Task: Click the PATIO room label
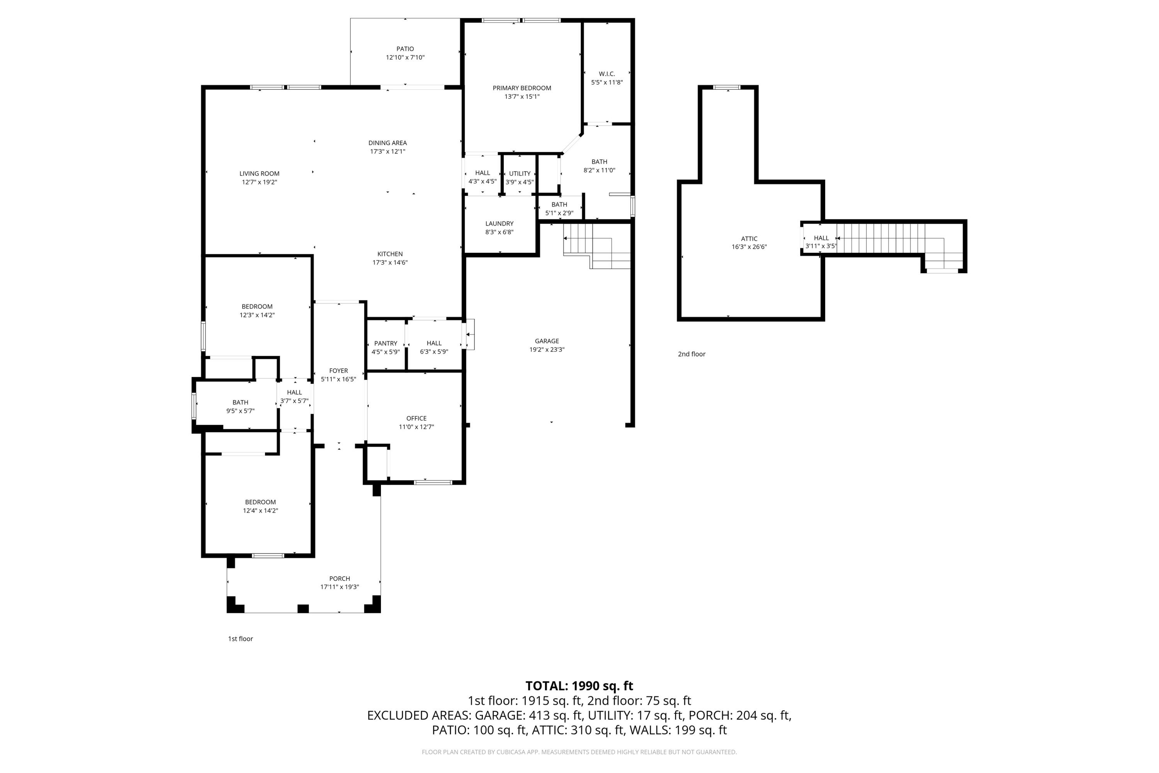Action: tap(405, 49)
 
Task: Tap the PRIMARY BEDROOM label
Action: tap(522, 88)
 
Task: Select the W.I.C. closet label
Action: tap(607, 74)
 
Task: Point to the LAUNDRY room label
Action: tap(499, 224)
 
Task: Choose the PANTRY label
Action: tap(385, 344)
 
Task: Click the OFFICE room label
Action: tap(416, 419)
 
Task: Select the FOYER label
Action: tap(338, 371)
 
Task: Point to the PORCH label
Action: tap(340, 579)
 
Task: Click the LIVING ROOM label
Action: tap(259, 174)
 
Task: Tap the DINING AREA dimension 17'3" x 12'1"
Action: tap(387, 152)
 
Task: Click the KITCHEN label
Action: tap(390, 254)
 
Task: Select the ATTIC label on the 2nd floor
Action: tap(749, 238)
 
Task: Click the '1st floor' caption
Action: tap(240, 639)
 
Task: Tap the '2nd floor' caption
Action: tap(692, 354)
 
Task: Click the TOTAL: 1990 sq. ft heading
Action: tap(579, 686)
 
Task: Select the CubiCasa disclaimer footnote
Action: tap(579, 752)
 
